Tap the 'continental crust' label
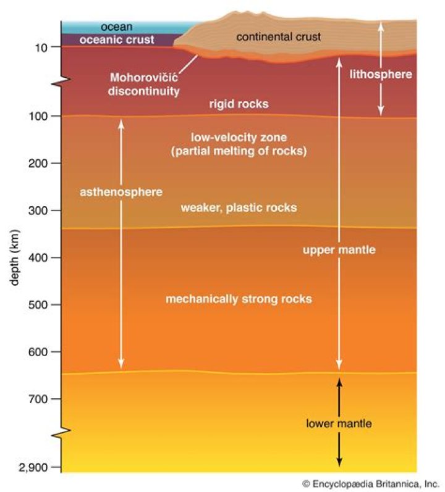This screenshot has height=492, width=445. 279,37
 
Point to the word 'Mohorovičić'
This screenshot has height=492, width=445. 145,78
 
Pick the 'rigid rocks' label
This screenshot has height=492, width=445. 239,104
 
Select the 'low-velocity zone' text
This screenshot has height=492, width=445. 239,136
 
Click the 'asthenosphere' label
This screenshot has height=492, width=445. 121,192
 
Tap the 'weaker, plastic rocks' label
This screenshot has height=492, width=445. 239,207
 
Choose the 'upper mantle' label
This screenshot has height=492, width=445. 338,250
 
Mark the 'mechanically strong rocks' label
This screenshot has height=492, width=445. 239,299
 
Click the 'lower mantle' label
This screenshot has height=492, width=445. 338,424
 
